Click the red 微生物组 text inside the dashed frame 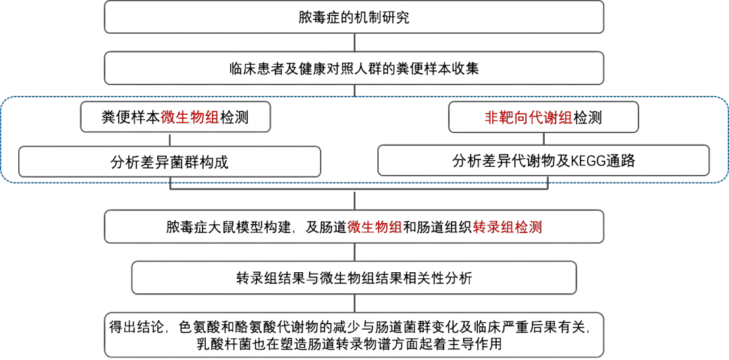[x=190, y=118]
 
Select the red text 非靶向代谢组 [x=528, y=118]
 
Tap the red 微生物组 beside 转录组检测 [x=375, y=227]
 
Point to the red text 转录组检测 [x=508, y=227]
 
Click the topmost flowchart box [x=354, y=17]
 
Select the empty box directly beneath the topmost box [x=354, y=68]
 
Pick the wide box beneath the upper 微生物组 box [x=169, y=161]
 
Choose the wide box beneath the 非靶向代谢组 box [x=543, y=161]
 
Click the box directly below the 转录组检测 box [x=354, y=278]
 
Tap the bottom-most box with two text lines [x=354, y=334]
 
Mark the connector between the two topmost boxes [x=354, y=43]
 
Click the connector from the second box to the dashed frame [x=354, y=91]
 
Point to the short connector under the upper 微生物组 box [x=170, y=139]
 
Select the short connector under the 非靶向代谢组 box [x=544, y=138]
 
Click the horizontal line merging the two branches [x=358, y=188]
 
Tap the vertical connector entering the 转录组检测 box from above [x=354, y=200]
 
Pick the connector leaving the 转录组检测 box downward [x=354, y=252]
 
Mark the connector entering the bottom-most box [x=354, y=303]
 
